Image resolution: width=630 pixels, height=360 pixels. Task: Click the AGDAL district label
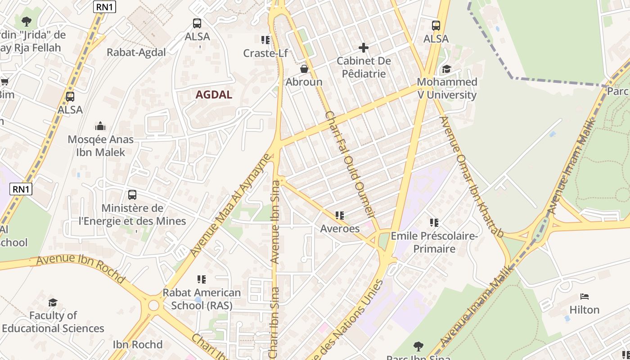[214, 94]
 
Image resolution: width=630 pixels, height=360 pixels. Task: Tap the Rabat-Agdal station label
[136, 52]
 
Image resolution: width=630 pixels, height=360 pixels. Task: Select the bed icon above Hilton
[585, 297]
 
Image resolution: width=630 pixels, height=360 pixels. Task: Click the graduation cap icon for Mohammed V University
[446, 69]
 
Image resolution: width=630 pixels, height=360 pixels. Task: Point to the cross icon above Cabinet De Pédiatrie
[364, 47]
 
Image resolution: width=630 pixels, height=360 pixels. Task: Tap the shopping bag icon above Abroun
[304, 69]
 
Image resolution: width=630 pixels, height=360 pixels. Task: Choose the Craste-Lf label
[265, 53]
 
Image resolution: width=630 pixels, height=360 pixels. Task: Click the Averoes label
[340, 229]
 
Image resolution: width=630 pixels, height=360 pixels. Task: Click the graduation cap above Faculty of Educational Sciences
[53, 302]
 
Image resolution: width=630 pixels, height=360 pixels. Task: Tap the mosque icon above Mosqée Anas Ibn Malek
[100, 126]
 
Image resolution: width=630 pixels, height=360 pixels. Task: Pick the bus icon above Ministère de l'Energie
[132, 195]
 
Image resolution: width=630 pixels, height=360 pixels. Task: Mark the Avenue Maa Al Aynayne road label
[231, 205]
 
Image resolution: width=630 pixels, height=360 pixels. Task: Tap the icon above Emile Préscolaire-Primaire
[434, 222]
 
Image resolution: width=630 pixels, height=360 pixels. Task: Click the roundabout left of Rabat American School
[153, 306]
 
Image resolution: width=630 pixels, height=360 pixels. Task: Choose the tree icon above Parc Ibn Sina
[418, 346]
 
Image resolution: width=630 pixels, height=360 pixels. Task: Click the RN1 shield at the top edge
[104, 6]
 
